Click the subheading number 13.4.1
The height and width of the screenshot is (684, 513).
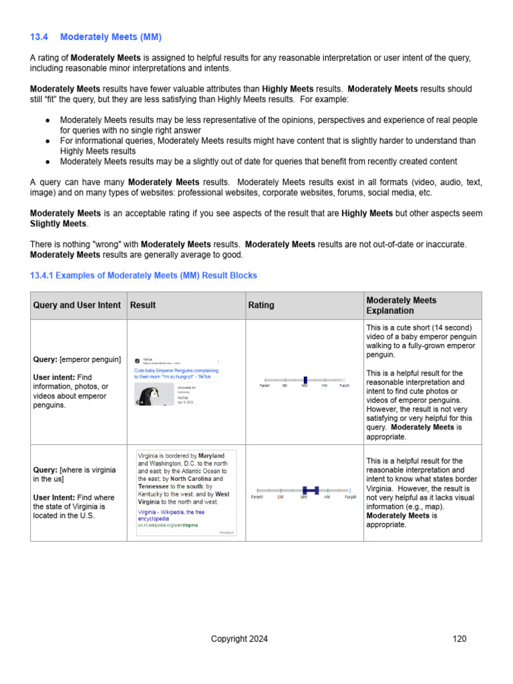43,275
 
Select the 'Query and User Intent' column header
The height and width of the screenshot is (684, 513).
77,305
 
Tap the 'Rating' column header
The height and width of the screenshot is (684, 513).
261,305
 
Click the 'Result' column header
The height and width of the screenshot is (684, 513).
143,305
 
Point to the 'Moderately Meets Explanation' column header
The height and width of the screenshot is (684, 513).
401,305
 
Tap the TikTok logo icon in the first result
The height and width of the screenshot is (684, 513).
138,361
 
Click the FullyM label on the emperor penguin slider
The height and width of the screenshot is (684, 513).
345,385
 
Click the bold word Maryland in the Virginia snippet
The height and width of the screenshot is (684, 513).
211,456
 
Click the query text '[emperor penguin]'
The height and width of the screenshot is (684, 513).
90,359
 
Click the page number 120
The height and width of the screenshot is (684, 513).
460,639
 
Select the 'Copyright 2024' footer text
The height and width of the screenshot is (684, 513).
239,639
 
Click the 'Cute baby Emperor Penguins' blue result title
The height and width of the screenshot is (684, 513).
176,370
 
